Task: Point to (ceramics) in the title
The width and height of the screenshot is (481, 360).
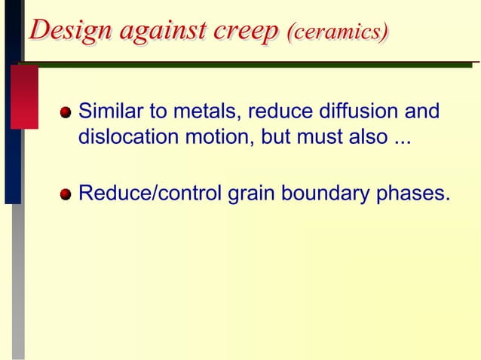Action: tap(339, 32)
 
